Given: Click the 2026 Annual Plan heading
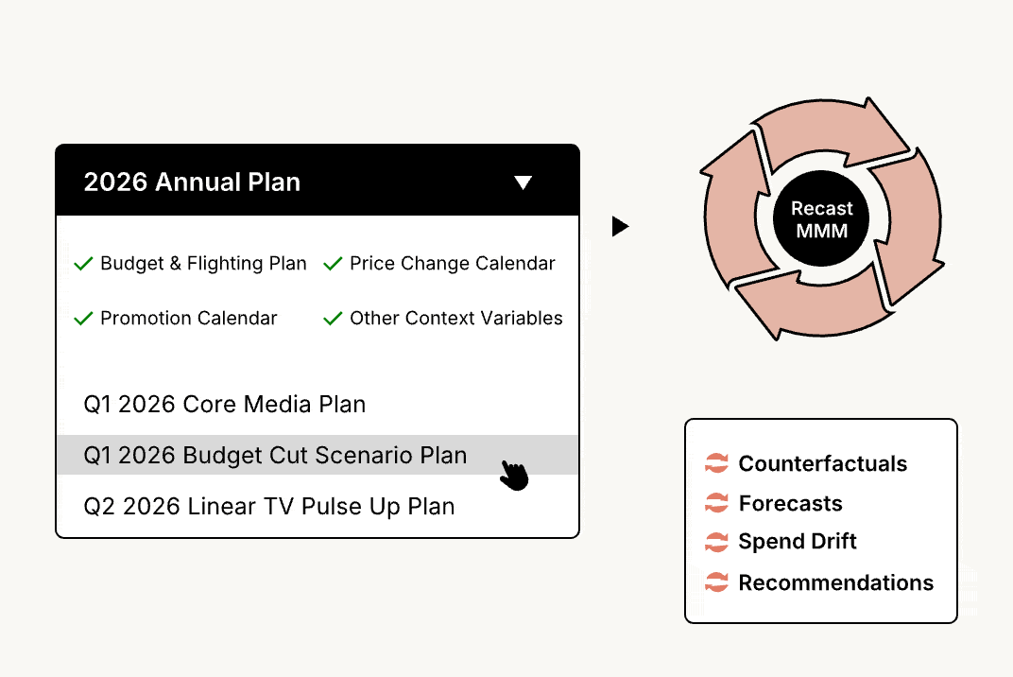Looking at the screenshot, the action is [192, 182].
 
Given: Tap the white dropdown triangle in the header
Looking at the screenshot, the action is [524, 182].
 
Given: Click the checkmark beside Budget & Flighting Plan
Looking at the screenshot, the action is [83, 263].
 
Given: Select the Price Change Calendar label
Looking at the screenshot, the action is [453, 263].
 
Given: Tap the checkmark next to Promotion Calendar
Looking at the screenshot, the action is [83, 318].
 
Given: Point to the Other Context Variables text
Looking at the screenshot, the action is [456, 318].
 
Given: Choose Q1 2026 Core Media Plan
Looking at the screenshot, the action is [225, 404].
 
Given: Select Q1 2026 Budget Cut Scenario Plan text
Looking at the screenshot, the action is [275, 455].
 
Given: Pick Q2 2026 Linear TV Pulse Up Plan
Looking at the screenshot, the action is [269, 506].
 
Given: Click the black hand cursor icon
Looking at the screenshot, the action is [515, 476].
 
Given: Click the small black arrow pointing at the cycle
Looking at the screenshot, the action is [620, 226].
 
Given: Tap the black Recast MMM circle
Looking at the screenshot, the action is [821, 218].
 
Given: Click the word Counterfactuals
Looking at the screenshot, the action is [822, 463].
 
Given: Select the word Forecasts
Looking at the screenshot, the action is [790, 503].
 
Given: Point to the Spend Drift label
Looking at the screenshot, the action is [798, 541].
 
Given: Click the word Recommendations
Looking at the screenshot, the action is [836, 582].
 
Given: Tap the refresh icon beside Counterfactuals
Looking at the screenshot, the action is [716, 463].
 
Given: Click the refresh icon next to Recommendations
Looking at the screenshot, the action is [716, 582].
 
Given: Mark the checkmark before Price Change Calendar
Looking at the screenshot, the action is [333, 263].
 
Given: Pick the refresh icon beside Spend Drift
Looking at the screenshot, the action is [716, 542].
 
